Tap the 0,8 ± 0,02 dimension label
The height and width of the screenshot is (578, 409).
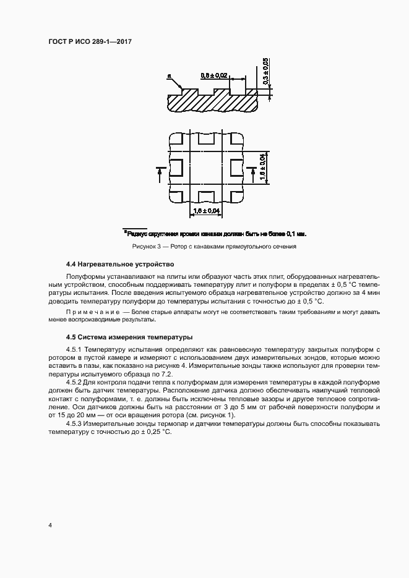pyautogui.click(x=214, y=76)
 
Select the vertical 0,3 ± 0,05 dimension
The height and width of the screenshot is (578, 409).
pyautogui.click(x=265, y=70)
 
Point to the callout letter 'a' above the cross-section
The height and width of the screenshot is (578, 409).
pyautogui.click(x=168, y=77)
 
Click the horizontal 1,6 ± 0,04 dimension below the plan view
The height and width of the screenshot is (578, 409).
pyautogui.click(x=206, y=211)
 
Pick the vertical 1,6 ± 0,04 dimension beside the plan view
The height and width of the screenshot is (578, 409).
pyautogui.click(x=262, y=167)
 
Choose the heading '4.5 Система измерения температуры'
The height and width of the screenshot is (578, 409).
pyautogui.click(x=121, y=338)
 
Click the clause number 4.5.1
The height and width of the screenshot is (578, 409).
pyautogui.click(x=74, y=351)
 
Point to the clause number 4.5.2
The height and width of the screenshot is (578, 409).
pyautogui.click(x=74, y=384)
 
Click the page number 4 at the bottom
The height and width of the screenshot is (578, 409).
pyautogui.click(x=50, y=525)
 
